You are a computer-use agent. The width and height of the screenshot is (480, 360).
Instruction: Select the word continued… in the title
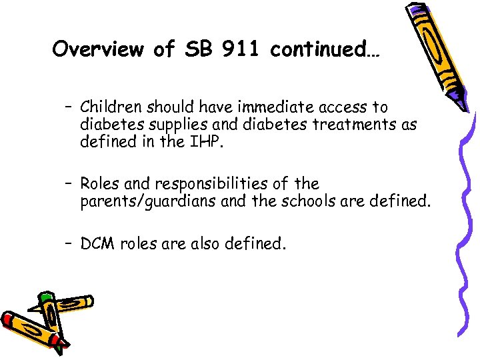pos(325,49)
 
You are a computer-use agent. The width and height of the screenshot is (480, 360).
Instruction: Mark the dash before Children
pos(69,107)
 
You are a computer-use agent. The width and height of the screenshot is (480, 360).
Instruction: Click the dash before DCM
pos(69,245)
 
